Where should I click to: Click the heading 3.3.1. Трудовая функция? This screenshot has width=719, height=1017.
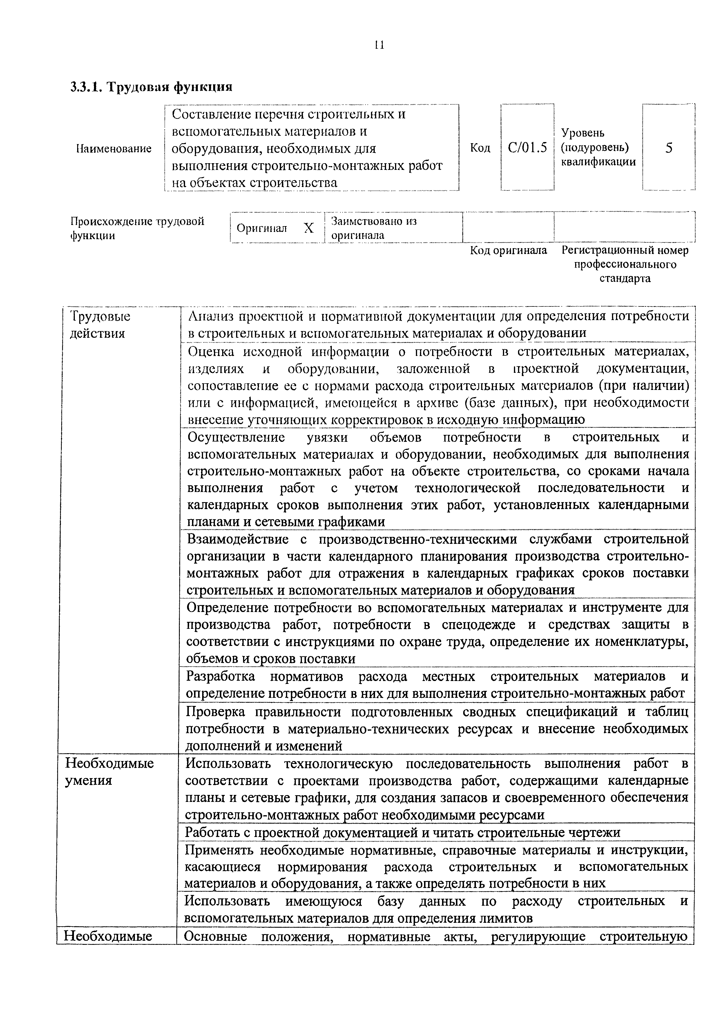pyautogui.click(x=151, y=86)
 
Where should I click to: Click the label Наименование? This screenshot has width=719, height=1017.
pyautogui.click(x=114, y=148)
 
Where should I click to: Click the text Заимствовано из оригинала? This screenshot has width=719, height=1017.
pyautogui.click(x=374, y=228)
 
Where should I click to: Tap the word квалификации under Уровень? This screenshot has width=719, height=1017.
pyautogui.click(x=598, y=162)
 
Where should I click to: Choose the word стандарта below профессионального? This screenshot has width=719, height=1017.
pyautogui.click(x=625, y=279)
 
